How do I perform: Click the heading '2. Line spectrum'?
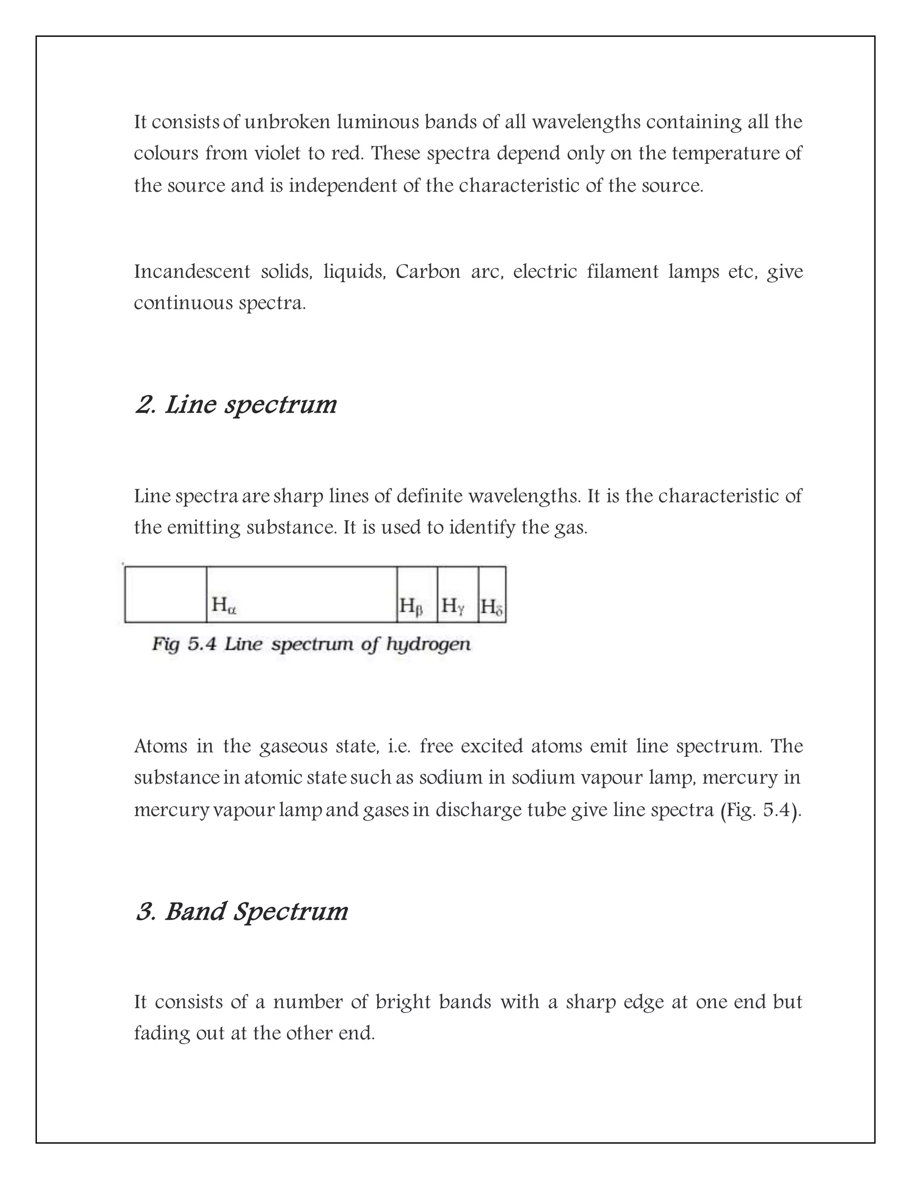click(x=235, y=405)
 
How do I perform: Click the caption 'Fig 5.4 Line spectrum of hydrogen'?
click(x=311, y=644)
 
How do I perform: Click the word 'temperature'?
click(x=726, y=154)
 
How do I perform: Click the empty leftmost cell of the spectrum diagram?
click(x=165, y=594)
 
